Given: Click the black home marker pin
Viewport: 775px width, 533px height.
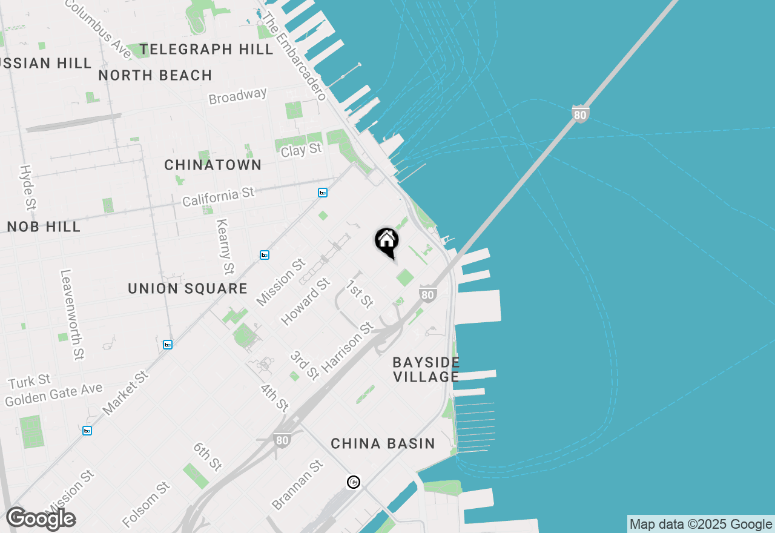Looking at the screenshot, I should [x=386, y=242].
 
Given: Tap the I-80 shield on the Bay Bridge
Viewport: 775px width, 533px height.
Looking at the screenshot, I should [x=580, y=113].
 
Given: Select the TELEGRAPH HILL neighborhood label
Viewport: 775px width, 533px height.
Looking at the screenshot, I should [x=206, y=50].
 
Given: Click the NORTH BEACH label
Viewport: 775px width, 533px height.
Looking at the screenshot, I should [x=155, y=76].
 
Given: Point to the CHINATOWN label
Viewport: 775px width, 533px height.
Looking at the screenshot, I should [x=213, y=165].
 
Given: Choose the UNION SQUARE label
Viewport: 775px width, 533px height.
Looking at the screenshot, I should [x=188, y=289].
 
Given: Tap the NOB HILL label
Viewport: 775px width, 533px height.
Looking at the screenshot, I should [x=44, y=227].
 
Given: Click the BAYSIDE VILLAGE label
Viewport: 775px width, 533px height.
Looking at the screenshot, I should [x=426, y=369].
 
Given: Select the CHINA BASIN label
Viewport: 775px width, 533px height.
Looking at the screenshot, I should [x=383, y=444].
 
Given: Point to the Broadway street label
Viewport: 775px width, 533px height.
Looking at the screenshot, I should [x=237, y=96].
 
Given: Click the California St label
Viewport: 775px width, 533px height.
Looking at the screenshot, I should [x=219, y=197].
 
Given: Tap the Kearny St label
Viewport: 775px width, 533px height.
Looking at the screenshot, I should [x=224, y=246].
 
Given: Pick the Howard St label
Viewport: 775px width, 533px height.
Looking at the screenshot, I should [x=306, y=301].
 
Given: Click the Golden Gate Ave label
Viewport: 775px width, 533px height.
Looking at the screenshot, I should [x=54, y=395].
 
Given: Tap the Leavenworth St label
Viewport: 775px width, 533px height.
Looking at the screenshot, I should [x=72, y=315].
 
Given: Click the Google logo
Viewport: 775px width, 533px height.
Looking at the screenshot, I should [x=41, y=519].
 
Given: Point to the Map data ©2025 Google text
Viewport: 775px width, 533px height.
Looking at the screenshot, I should [x=701, y=525].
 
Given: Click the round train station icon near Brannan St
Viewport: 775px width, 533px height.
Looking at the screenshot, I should [x=354, y=482].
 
